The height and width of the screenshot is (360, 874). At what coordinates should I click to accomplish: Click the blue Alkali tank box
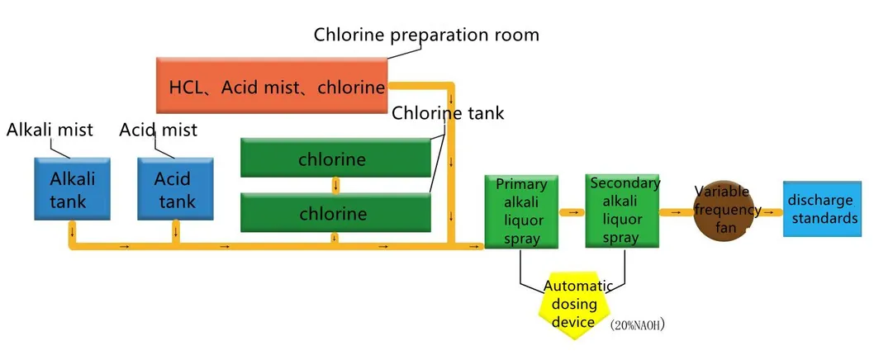[x=74, y=190]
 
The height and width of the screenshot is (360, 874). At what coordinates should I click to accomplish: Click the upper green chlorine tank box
[x=337, y=158]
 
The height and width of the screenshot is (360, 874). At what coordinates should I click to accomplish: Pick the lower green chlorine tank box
[x=337, y=213]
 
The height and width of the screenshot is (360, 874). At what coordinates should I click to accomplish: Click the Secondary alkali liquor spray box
[x=623, y=211]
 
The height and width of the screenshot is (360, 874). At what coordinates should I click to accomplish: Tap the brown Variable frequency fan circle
[x=726, y=212]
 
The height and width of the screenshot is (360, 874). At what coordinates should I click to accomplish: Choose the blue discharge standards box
[x=822, y=210]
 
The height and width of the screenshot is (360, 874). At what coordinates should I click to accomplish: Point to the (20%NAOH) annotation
[x=637, y=325]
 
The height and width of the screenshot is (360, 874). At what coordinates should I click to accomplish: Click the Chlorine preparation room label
[x=426, y=35]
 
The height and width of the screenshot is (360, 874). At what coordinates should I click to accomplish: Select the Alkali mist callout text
[x=50, y=130]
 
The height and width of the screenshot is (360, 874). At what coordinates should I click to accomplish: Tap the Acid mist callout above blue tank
[x=159, y=130]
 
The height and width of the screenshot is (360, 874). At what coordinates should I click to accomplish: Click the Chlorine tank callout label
[x=447, y=112]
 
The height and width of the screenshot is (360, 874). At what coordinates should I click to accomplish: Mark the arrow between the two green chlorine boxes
[x=335, y=185]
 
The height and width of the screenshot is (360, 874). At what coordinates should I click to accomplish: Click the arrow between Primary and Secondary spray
[x=572, y=212]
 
